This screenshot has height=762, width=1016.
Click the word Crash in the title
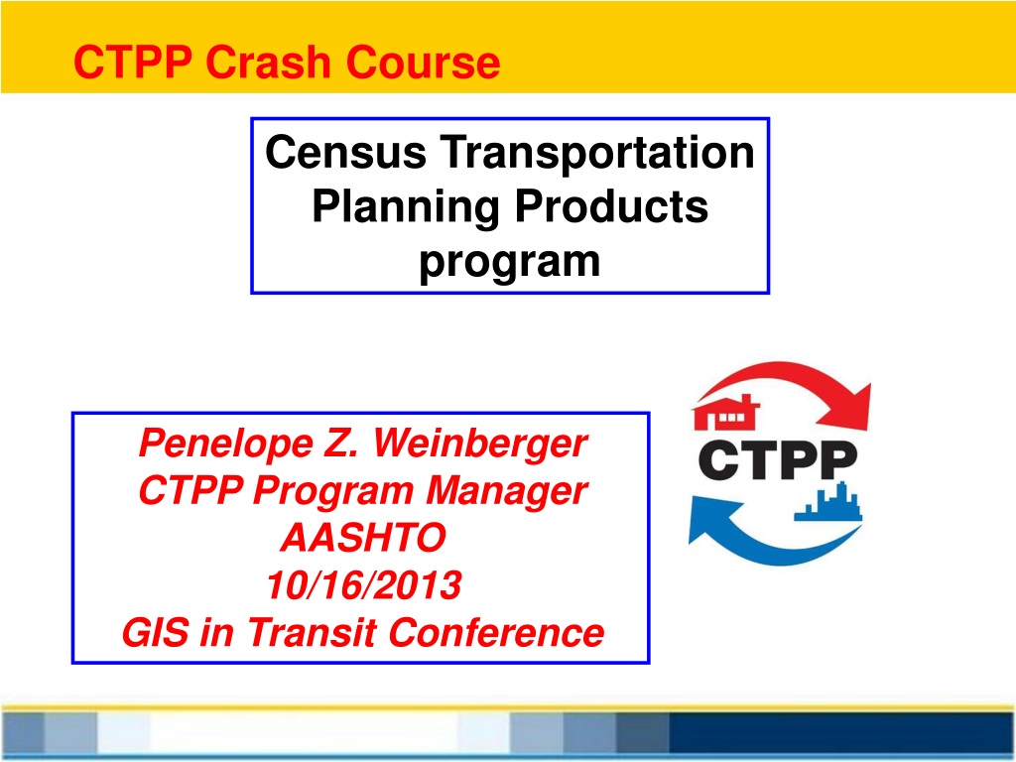point(268,63)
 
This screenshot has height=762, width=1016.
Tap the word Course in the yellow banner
point(423,63)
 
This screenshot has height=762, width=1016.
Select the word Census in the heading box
point(345,152)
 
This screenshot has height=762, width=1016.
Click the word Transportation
point(597,152)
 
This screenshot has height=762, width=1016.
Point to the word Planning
point(406,207)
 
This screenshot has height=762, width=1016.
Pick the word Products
point(611,206)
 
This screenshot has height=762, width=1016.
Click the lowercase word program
point(510,262)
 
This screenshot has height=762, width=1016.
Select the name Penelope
point(225,444)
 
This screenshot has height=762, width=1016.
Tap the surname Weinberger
point(480,444)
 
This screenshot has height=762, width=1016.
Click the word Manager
point(506,491)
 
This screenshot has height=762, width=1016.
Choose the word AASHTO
point(363,538)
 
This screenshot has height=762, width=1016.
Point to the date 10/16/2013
point(363,585)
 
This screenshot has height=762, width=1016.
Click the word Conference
point(496,632)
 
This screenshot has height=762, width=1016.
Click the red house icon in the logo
point(725,412)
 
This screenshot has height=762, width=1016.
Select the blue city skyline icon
point(828,501)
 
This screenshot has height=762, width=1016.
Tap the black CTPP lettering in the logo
point(778,460)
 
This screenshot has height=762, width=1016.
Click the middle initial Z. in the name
point(342,444)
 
